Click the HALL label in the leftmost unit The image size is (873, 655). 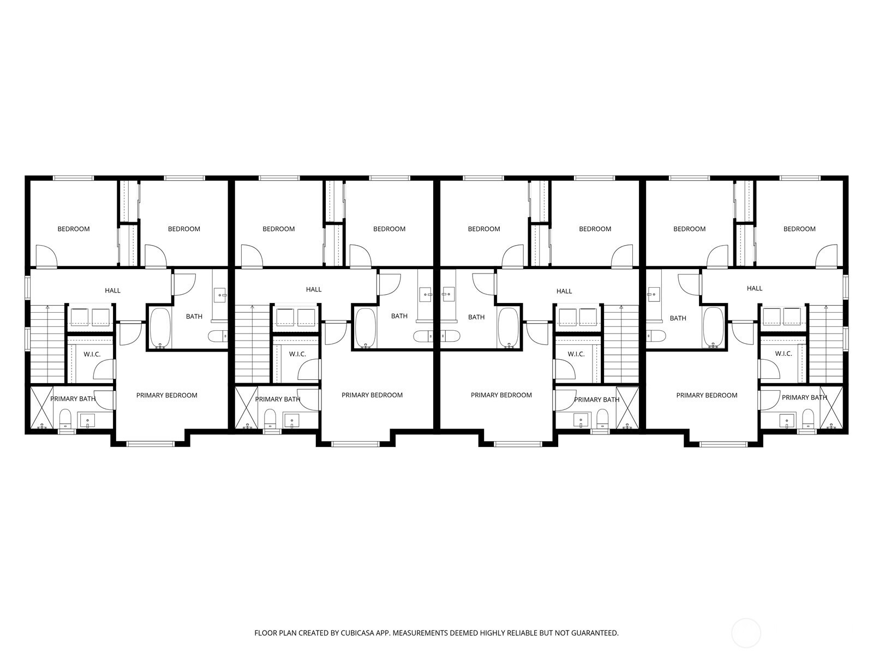click(x=112, y=291)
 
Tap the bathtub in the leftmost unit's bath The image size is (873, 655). click(x=160, y=329)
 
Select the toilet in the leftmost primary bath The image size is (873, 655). click(x=65, y=419)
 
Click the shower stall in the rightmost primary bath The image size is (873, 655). click(x=831, y=408)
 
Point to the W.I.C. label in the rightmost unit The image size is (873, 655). click(x=784, y=354)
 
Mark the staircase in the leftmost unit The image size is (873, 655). click(x=47, y=344)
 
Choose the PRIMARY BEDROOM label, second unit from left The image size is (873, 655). click(x=372, y=395)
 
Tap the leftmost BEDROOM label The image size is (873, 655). click(x=74, y=229)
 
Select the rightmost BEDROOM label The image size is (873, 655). click(x=799, y=229)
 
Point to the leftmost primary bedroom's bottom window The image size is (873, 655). click(x=151, y=444)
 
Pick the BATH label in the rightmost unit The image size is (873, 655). click(x=678, y=318)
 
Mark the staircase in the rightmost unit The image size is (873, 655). click(x=826, y=344)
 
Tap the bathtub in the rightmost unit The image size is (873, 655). click(x=714, y=328)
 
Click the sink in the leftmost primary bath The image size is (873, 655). click(x=87, y=420)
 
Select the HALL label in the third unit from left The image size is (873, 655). click(x=564, y=291)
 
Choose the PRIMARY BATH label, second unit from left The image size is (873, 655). click(x=278, y=400)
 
